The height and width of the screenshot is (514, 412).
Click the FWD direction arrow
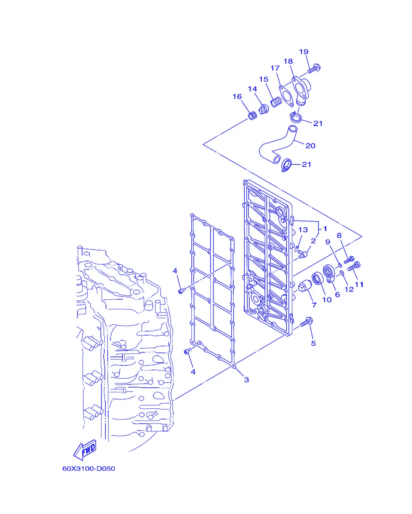click(85, 450)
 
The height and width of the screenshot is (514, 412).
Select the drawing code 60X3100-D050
click(89, 468)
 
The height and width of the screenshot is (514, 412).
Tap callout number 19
click(304, 52)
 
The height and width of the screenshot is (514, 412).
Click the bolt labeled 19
click(314, 68)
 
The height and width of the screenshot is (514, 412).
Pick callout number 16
click(237, 96)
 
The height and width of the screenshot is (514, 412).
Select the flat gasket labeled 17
click(286, 96)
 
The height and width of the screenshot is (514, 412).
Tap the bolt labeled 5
click(307, 322)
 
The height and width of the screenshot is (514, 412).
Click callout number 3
click(247, 380)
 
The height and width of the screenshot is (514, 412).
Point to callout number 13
click(303, 230)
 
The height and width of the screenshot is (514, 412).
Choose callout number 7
click(314, 305)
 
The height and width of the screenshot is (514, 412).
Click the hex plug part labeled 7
click(305, 286)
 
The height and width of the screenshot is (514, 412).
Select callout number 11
click(359, 284)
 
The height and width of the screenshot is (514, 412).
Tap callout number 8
click(339, 235)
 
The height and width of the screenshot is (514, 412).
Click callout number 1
click(325, 228)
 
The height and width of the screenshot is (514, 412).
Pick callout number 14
click(252, 89)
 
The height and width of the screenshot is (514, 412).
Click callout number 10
click(327, 300)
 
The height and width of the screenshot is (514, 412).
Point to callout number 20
click(311, 146)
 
